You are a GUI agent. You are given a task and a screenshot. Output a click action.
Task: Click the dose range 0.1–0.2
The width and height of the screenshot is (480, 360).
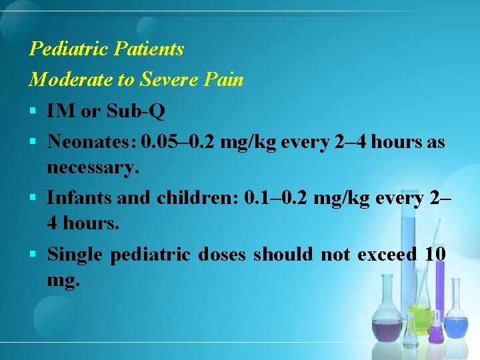[275, 199]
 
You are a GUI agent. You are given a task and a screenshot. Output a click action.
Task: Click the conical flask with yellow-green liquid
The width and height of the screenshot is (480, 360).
[420, 313]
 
